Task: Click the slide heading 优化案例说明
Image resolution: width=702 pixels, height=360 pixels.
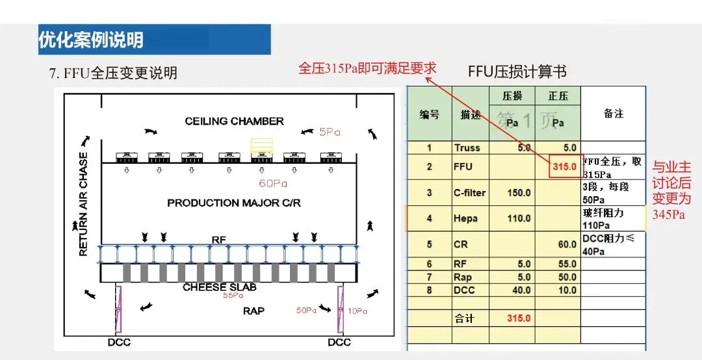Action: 91,40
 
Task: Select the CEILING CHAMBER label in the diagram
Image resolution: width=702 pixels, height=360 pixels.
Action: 234,121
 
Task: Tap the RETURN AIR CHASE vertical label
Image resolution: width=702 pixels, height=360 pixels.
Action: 84,204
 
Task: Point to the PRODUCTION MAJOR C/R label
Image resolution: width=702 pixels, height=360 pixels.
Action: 234,203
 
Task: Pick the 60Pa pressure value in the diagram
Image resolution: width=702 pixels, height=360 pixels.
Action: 273,183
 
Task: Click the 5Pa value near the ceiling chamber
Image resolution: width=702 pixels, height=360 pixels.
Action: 330,131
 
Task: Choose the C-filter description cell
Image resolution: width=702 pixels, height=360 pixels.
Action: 470,192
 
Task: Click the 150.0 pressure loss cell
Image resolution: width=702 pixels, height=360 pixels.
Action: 519,192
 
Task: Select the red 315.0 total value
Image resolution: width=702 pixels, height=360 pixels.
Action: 519,318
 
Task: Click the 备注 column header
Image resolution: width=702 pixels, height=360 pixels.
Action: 613,113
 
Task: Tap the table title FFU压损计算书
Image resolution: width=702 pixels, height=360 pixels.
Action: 517,71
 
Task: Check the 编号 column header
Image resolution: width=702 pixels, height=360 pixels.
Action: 429,114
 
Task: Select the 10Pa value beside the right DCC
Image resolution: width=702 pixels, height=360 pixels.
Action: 357,311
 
